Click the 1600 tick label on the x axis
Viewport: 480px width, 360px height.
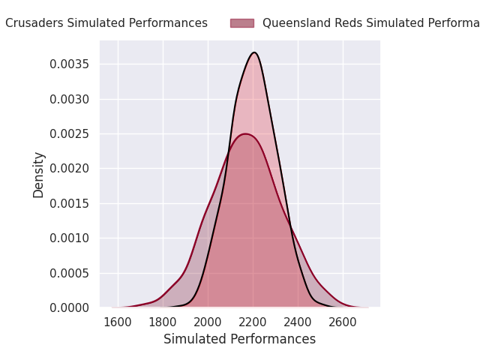pos(118,322)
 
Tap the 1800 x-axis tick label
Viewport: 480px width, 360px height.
pos(163,322)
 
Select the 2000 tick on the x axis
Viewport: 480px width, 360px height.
pos(208,322)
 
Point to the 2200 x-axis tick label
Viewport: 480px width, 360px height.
pos(253,322)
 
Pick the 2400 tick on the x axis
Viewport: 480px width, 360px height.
pos(298,322)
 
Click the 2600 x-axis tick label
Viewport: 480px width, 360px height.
pos(343,322)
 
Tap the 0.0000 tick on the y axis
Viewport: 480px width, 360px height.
pos(69,307)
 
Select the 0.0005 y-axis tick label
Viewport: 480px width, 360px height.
pos(69,273)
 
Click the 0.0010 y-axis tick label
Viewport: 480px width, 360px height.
pos(69,238)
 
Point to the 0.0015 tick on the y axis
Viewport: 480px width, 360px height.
pos(69,203)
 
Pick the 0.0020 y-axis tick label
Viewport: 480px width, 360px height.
pos(69,169)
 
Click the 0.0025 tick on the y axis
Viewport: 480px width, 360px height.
pos(69,133)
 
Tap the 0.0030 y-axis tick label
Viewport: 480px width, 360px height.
pos(69,99)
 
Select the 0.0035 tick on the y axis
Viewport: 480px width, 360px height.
pos(69,64)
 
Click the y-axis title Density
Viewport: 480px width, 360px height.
pos(39,174)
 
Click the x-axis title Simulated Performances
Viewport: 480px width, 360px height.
pos(239,339)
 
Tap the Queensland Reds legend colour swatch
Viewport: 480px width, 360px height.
pos(241,23)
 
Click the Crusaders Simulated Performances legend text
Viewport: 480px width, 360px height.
pos(106,23)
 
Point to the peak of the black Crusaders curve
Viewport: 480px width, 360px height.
pos(254,52)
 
